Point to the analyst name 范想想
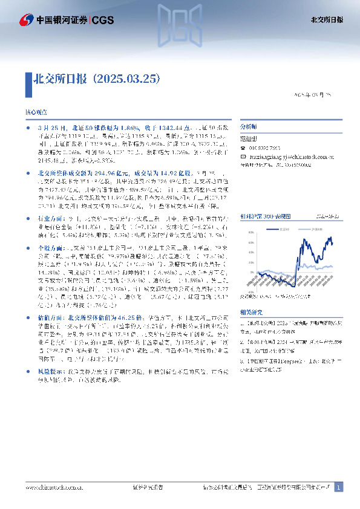[x=249, y=138]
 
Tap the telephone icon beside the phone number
[x=243, y=148]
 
